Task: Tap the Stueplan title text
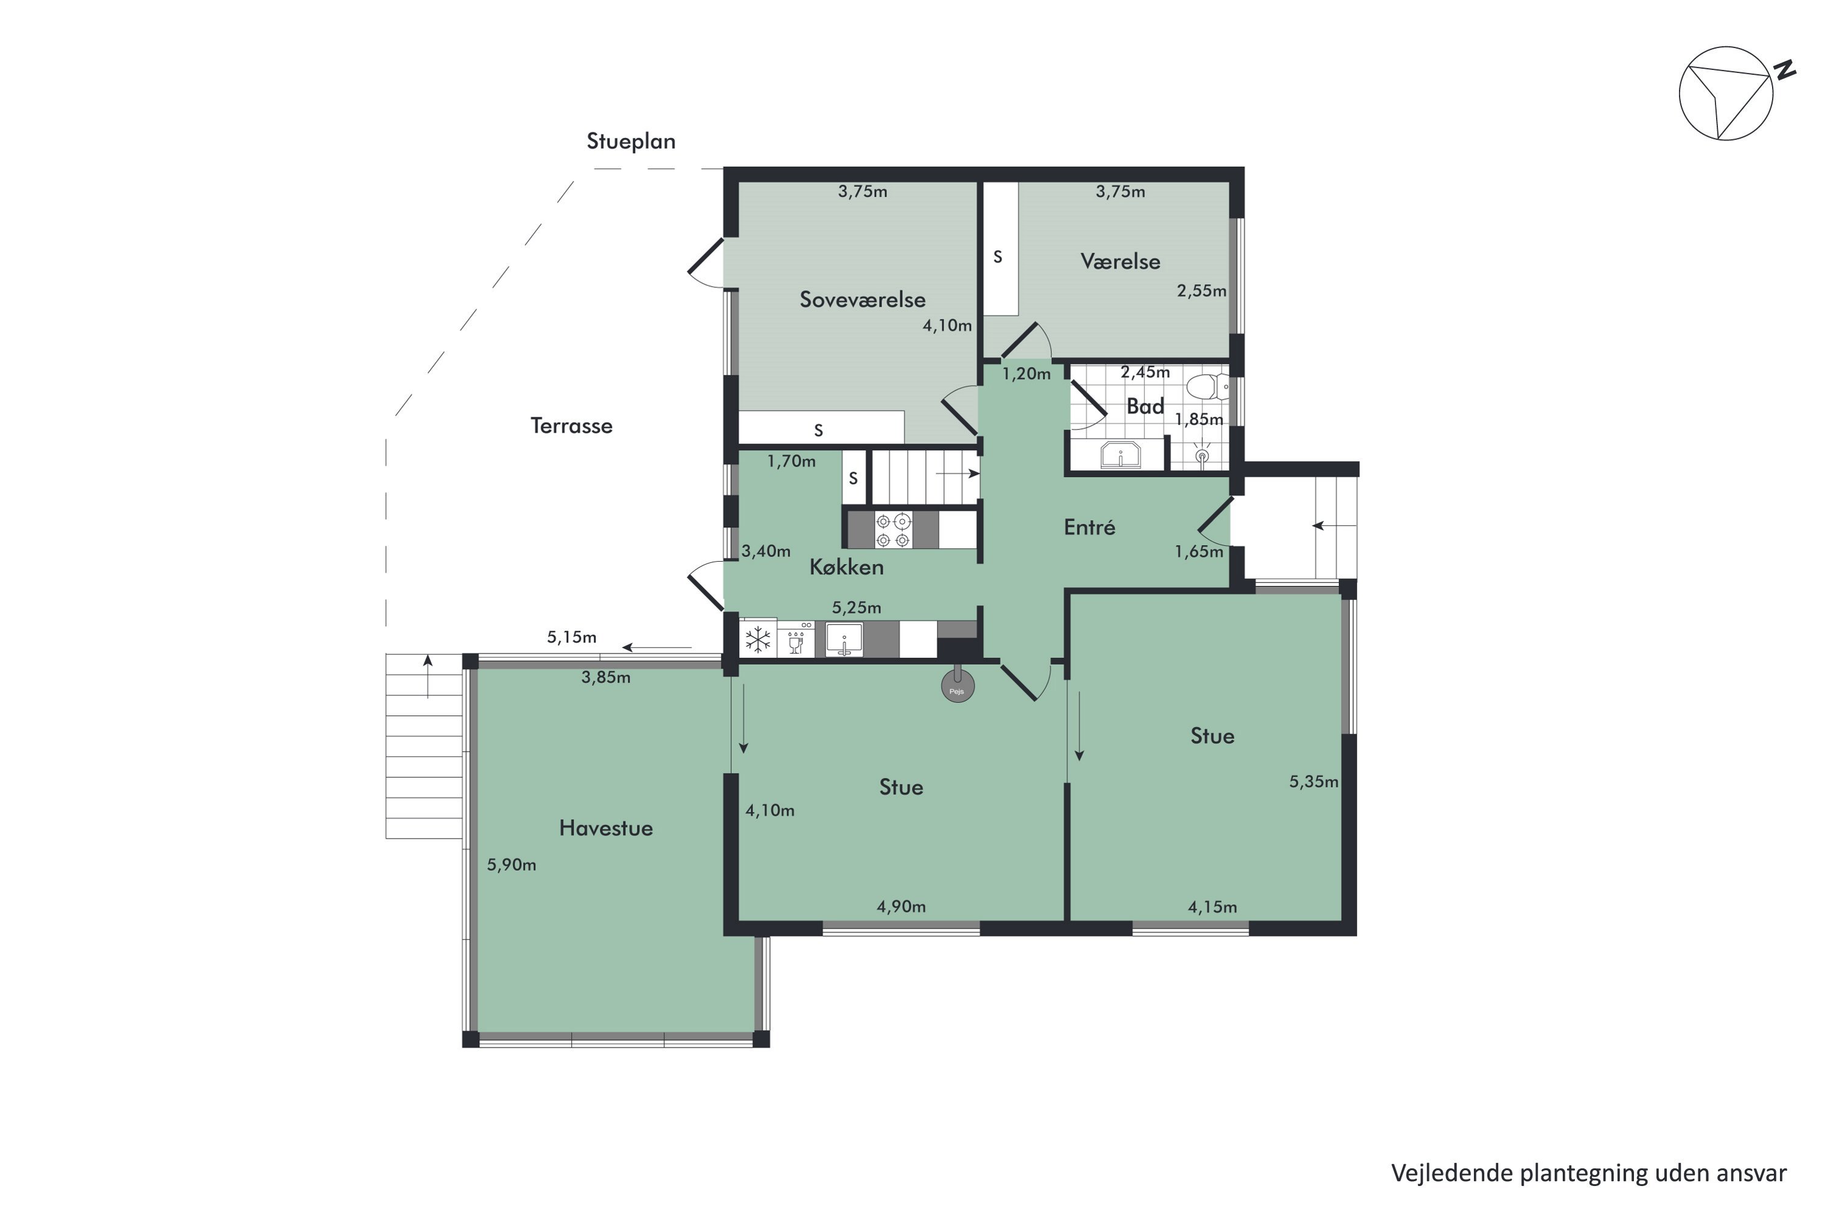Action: pos(631,142)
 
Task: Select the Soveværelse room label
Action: pos(862,299)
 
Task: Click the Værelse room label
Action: pos(1120,262)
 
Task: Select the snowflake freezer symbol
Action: pos(757,640)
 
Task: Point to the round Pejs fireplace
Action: pos(958,688)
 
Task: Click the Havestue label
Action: pos(606,828)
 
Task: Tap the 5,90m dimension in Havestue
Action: pos(512,865)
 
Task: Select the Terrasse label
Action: pos(571,426)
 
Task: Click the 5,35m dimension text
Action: pos(1313,781)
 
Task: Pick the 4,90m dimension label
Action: pos(901,907)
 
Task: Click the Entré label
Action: pos(1090,528)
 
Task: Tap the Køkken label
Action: pos(847,567)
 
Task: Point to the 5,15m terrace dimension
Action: pos(572,637)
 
